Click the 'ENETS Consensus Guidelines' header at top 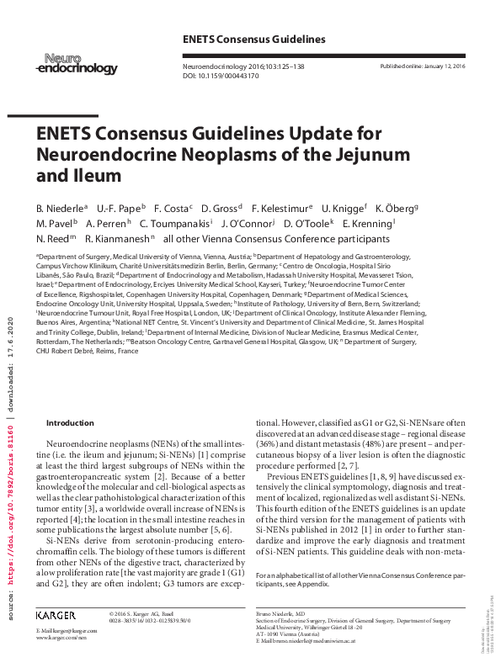tap(253, 40)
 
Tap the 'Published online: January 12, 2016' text tap(424, 66)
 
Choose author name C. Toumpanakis tap(176, 223)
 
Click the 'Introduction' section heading tap(71, 423)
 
